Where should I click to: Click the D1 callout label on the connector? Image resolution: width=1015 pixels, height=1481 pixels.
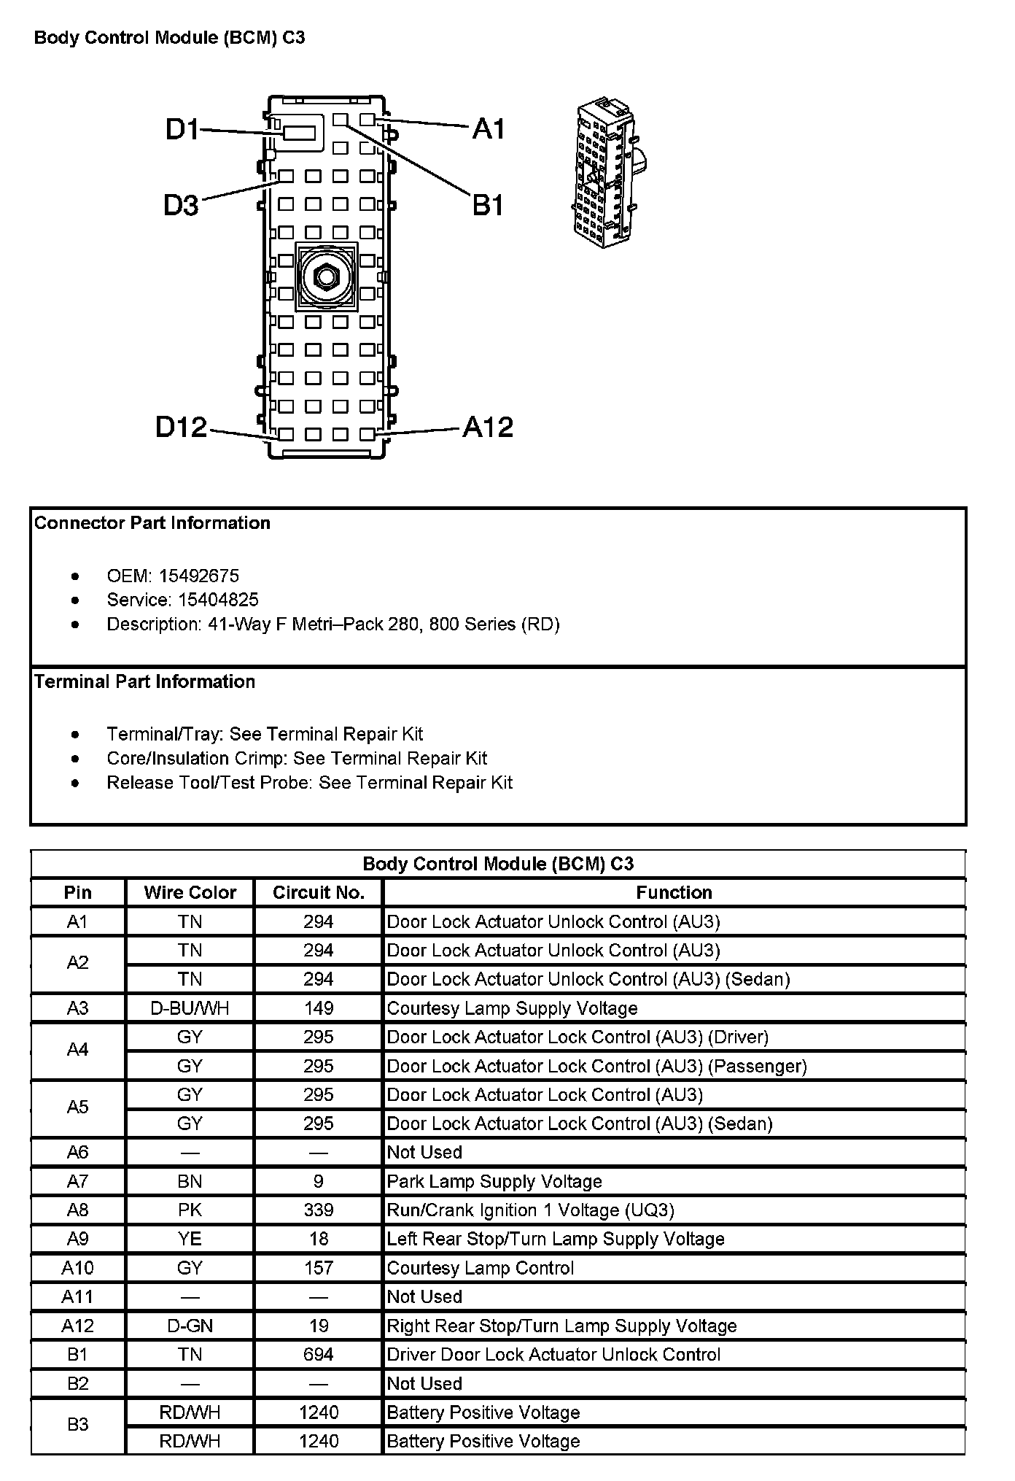tap(182, 129)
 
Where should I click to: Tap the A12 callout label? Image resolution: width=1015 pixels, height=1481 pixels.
tap(488, 427)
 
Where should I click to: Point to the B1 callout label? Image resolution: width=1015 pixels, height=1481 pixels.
tap(488, 205)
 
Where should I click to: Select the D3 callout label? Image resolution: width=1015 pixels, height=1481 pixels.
tap(181, 206)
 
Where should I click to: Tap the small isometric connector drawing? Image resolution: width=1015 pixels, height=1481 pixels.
tap(608, 172)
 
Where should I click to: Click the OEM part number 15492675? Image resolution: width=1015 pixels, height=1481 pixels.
tap(198, 576)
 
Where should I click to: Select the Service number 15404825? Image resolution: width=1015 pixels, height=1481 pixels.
tap(209, 600)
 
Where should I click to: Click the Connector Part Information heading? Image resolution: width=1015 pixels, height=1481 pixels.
tap(152, 523)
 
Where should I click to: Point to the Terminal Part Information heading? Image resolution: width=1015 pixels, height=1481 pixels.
tap(144, 681)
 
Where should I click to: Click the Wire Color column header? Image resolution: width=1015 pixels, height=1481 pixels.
tap(190, 892)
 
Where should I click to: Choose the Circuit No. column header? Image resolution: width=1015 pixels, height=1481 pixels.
tap(318, 892)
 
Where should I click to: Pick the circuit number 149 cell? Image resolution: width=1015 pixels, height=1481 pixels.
tap(319, 1008)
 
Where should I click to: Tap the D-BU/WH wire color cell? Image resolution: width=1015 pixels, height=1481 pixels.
tap(190, 1008)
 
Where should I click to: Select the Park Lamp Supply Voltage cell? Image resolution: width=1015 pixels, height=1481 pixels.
tap(494, 1181)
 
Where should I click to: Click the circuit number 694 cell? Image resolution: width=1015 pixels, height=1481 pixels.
tap(319, 1355)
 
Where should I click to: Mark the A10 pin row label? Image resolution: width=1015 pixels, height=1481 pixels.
tap(77, 1268)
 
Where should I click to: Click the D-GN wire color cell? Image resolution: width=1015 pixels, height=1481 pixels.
tap(190, 1326)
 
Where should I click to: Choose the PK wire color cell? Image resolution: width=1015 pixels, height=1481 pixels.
tap(190, 1210)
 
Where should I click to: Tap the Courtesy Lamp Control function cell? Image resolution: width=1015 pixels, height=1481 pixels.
tap(481, 1268)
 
